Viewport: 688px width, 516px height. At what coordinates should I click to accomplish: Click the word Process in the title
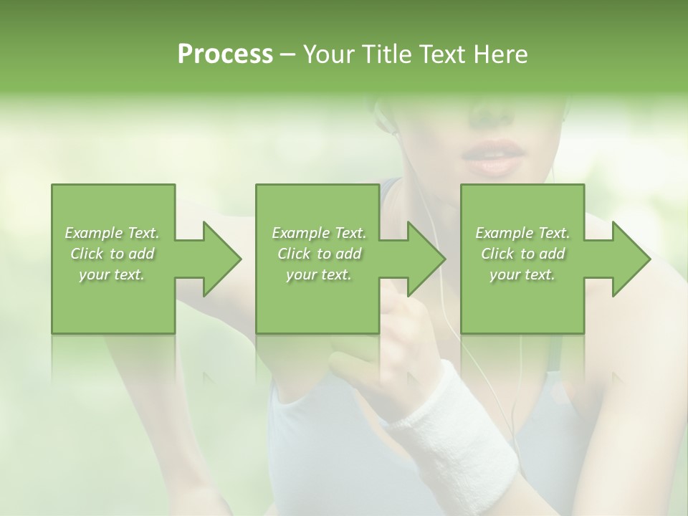(225, 54)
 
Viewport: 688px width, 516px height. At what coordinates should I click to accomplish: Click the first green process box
(113, 301)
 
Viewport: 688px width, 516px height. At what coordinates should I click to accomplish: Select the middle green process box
(317, 301)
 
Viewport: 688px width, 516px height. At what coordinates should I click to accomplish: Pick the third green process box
(522, 301)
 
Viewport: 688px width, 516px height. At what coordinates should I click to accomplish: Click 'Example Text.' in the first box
(112, 233)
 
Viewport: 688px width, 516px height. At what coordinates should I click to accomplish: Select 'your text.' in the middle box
(318, 274)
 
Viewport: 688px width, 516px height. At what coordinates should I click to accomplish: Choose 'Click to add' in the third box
(522, 254)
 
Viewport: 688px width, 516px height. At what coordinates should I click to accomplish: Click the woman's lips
(489, 158)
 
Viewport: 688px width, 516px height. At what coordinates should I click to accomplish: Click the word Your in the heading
(326, 54)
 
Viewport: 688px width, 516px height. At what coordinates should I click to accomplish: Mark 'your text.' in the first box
(112, 274)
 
